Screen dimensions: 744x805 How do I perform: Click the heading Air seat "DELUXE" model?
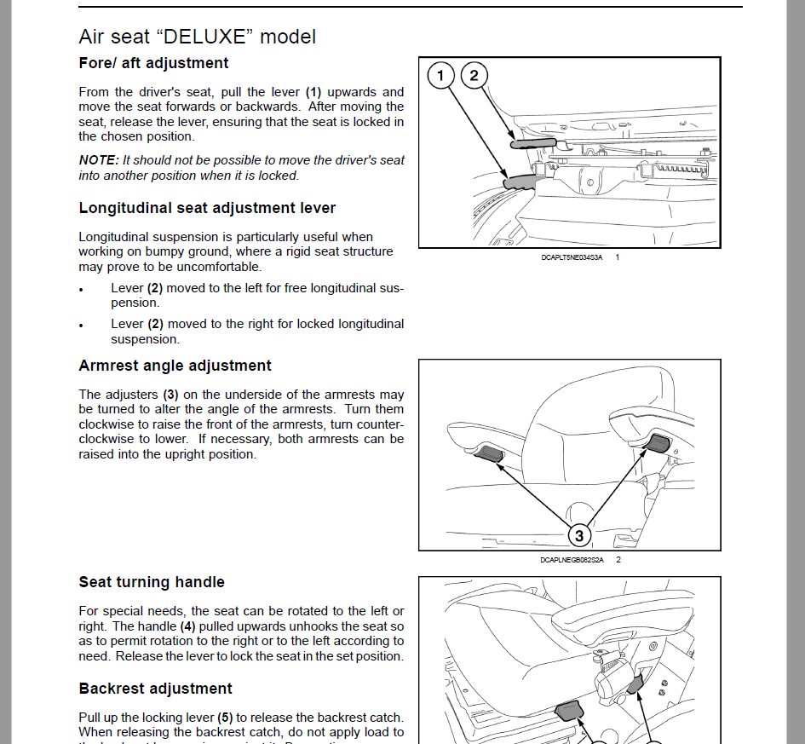(x=197, y=37)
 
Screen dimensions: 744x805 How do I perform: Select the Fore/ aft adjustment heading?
(x=153, y=63)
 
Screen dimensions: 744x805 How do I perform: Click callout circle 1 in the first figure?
(x=440, y=76)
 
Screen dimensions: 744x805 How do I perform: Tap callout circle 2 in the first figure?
(x=474, y=76)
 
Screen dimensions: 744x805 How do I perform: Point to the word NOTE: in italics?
(x=99, y=160)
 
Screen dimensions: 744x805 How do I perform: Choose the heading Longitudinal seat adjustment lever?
(x=207, y=208)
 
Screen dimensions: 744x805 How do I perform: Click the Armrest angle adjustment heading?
(x=175, y=366)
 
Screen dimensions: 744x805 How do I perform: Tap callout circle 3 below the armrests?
(x=579, y=535)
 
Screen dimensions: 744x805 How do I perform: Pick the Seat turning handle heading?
(x=152, y=582)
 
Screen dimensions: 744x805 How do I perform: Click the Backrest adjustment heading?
(x=155, y=689)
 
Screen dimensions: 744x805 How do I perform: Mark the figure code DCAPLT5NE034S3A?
(x=572, y=257)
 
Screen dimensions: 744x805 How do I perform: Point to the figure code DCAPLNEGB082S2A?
(x=571, y=560)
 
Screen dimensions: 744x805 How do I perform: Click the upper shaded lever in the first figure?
(x=532, y=143)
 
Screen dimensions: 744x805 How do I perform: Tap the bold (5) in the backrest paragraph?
(x=225, y=718)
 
